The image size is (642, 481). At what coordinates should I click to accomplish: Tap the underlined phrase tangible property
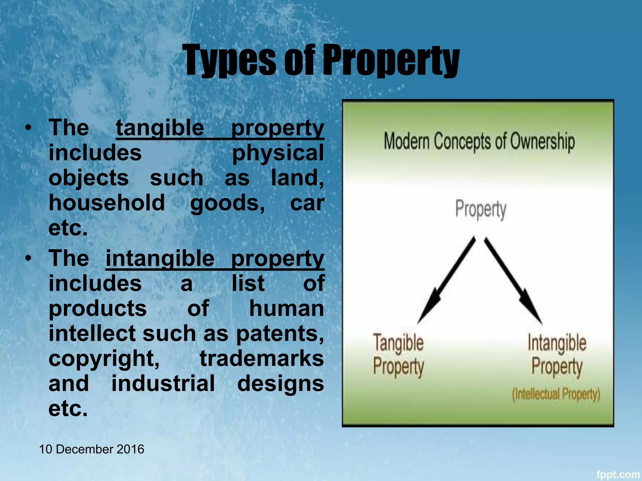[220, 128]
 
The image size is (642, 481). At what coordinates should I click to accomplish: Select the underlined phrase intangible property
[215, 259]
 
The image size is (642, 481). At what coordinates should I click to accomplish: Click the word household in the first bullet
[107, 203]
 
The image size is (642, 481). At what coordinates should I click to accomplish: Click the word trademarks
[262, 358]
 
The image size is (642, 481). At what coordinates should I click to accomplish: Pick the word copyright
[104, 359]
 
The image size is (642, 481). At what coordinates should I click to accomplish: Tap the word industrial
[163, 383]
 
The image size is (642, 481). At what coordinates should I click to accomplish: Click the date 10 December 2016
[92, 449]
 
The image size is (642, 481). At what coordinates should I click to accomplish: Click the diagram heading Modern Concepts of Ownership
[479, 142]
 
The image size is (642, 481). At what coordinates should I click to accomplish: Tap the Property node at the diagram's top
[480, 209]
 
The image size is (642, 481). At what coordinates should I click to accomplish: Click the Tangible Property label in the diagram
[398, 354]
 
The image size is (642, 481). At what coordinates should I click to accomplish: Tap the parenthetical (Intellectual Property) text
[556, 394]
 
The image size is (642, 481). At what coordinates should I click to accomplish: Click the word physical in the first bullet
[278, 153]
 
